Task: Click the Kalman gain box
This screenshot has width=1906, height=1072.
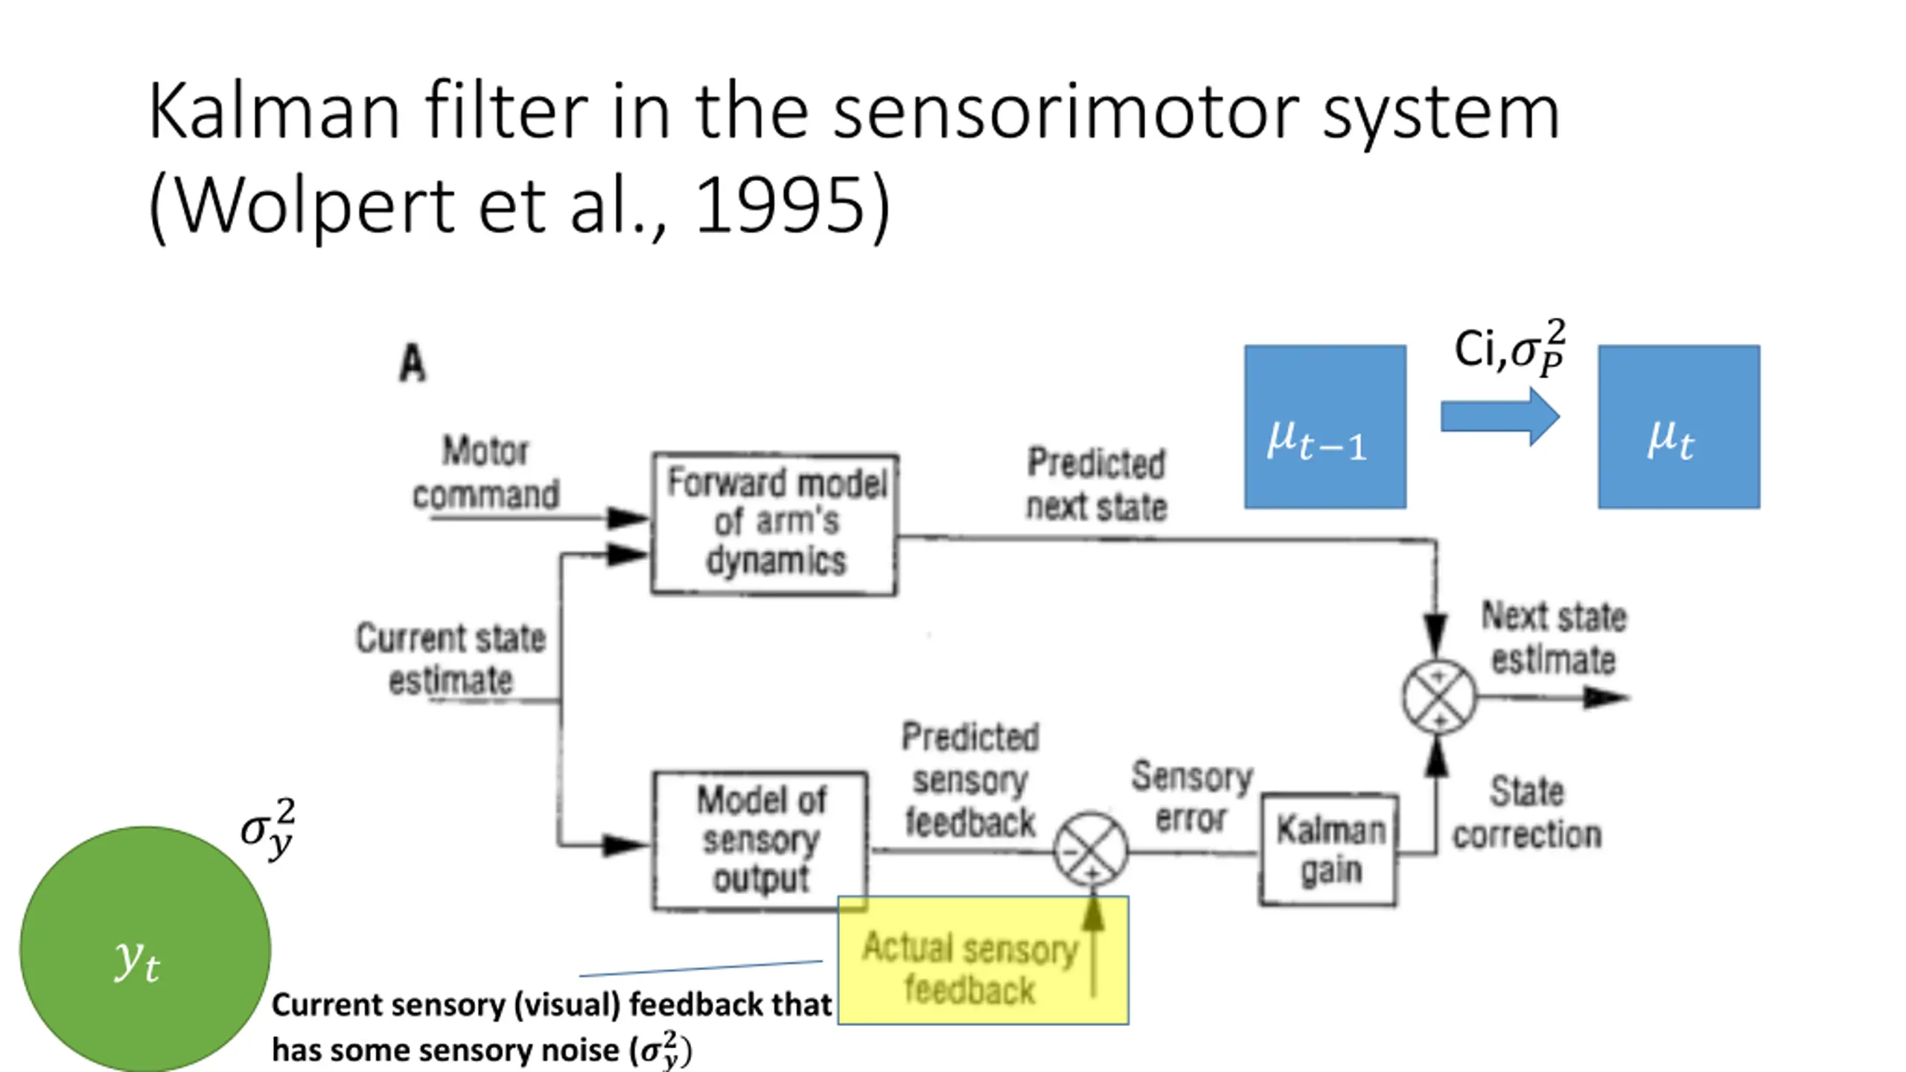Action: (1329, 849)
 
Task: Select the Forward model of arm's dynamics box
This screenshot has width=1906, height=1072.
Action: (775, 523)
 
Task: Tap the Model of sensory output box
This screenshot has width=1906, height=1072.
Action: (760, 840)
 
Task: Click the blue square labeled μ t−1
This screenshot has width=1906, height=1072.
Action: (1325, 427)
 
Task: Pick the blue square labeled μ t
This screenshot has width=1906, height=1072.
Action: (1679, 427)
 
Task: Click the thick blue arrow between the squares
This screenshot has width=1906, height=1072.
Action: (1500, 416)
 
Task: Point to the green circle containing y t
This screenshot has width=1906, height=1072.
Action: (145, 949)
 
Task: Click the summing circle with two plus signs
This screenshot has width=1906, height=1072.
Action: (1438, 698)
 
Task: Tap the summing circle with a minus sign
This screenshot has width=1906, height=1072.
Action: (1091, 849)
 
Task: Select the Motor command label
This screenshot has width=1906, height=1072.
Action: (485, 473)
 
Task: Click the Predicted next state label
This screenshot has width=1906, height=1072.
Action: (1096, 485)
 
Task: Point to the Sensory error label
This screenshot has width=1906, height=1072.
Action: (1192, 797)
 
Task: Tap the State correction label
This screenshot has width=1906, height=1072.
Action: (1527, 813)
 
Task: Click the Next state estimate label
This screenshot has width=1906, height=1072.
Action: (1554, 638)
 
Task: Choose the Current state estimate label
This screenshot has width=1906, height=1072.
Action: (450, 659)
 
